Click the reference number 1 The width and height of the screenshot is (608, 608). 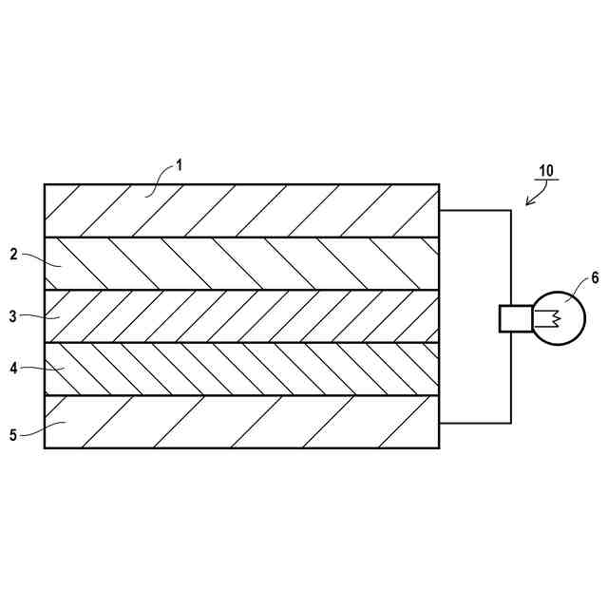point(180,164)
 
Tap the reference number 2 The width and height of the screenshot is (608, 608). point(14,255)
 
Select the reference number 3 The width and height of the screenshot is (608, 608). point(14,316)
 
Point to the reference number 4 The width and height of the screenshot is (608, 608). point(14,366)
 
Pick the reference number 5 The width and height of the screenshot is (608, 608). point(14,435)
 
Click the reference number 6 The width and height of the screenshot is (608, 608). point(595,277)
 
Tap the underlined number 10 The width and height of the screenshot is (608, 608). point(546,171)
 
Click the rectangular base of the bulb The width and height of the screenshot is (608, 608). point(515,318)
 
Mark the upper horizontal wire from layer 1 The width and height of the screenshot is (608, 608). point(475,210)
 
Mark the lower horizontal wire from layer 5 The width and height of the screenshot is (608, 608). point(475,423)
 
